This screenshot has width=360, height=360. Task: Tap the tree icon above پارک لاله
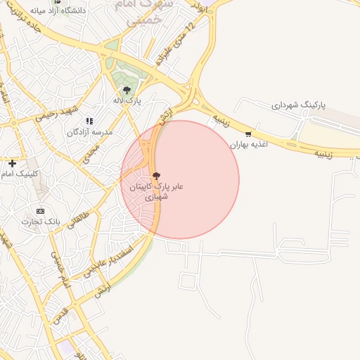coord(127,89)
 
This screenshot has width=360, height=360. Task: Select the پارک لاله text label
coord(128,101)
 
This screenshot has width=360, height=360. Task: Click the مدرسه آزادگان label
coord(90,132)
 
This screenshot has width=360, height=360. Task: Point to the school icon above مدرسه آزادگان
coord(89,121)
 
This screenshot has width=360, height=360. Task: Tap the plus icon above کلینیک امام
coord(12,163)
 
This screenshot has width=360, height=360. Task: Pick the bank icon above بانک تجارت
coord(40,210)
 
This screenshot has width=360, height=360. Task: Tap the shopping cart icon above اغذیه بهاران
coord(247,134)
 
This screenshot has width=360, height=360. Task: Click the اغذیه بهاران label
coord(252,144)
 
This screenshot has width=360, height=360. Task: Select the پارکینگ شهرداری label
coord(300,105)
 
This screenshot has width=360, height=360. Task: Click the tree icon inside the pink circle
coord(155,176)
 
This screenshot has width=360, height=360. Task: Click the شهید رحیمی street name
coord(58,114)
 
